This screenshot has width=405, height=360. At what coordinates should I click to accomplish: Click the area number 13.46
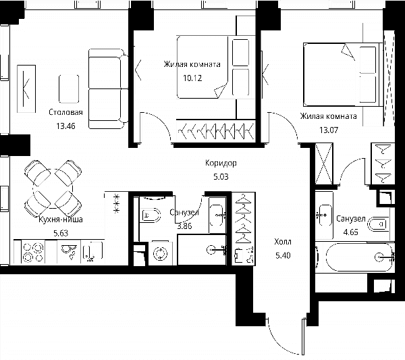point(65,126)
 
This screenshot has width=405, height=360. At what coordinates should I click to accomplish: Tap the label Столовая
point(65,112)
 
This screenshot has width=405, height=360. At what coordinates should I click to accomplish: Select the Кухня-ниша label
point(61,220)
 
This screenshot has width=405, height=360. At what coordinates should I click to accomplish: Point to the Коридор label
point(221,163)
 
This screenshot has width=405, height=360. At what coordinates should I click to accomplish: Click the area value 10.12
point(192,78)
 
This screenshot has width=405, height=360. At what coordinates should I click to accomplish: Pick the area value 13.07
point(329,130)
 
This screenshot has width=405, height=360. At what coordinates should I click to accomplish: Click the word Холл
point(283,242)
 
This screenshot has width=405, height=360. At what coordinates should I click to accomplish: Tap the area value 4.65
point(350,232)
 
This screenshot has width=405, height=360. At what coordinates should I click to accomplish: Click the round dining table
point(53,188)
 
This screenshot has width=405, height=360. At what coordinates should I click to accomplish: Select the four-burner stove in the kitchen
point(33,252)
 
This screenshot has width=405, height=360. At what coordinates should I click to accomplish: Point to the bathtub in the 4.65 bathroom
point(359,257)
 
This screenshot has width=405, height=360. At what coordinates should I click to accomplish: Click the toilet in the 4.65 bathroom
point(378,224)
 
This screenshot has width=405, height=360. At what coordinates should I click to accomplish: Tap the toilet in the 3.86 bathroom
point(151,215)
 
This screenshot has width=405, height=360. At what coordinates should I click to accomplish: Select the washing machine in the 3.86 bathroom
point(161,253)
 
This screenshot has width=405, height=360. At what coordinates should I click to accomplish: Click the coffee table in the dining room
point(69,89)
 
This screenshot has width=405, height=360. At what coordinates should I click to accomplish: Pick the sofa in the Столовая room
point(108,89)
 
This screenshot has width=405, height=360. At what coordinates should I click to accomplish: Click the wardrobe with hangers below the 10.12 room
point(216,131)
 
